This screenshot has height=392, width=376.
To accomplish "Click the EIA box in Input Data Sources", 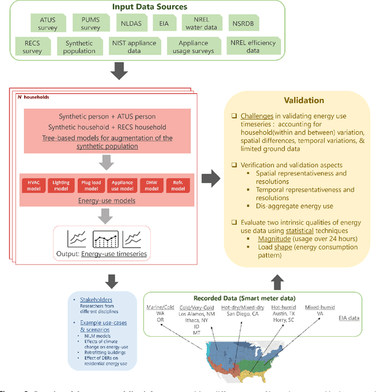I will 164,24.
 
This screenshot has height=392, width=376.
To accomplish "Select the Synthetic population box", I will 80,47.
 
